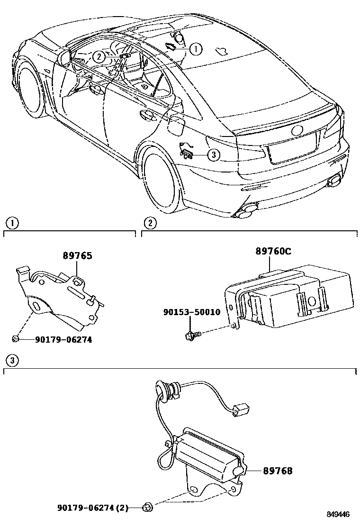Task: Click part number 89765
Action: (77, 256)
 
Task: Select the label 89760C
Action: (273, 252)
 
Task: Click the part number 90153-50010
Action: (191, 312)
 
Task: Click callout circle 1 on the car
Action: (196, 48)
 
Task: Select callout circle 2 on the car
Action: (98, 57)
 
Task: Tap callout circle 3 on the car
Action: (213, 154)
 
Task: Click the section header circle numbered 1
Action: (11, 223)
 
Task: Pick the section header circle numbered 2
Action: (149, 223)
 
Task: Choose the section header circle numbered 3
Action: (11, 360)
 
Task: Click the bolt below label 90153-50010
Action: (192, 336)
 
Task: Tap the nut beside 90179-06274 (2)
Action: (147, 509)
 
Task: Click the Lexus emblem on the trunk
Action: (297, 130)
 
